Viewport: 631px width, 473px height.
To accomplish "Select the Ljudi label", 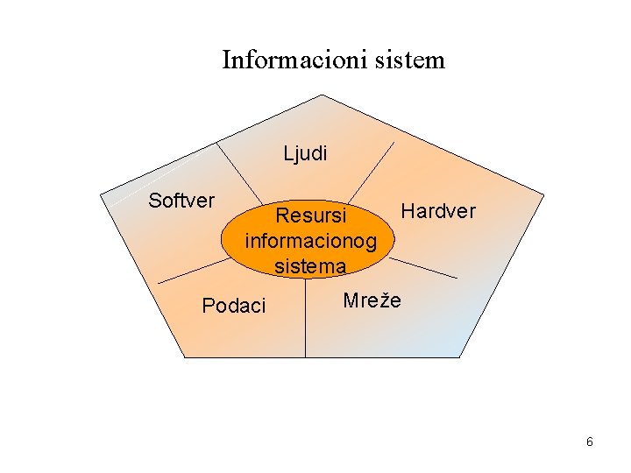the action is tap(305, 154).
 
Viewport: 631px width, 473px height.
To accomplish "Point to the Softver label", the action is tap(181, 201).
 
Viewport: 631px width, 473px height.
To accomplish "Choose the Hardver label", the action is tap(437, 211).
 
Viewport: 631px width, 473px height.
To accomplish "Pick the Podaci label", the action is tap(233, 306).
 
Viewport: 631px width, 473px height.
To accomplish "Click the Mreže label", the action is tap(372, 300).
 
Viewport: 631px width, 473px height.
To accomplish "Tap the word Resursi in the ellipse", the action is tap(310, 215).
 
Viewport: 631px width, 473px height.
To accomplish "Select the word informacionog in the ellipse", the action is tap(311, 240).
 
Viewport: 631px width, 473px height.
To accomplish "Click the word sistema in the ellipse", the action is tap(310, 265).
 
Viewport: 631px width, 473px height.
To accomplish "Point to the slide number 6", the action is tap(590, 442).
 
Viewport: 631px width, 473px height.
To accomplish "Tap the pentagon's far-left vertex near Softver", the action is tap(102, 194).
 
